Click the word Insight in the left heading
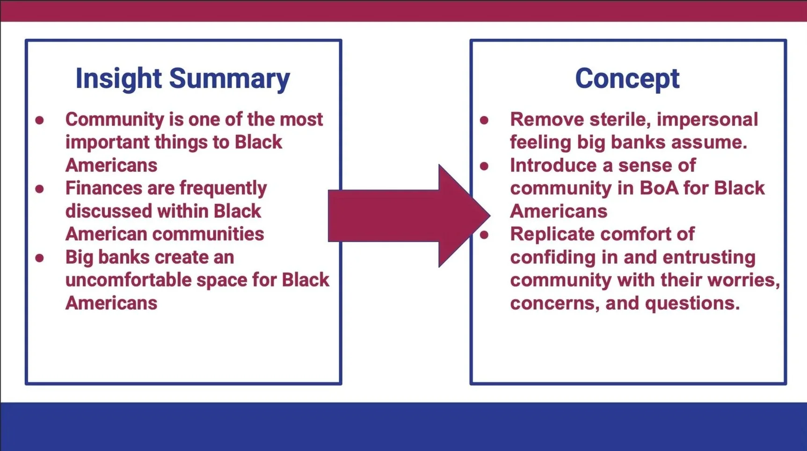pos(118,78)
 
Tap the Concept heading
pos(627,79)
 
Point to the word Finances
pos(104,188)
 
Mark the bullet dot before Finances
pos(40,189)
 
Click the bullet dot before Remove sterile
pos(484,120)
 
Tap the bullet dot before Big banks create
pos(40,258)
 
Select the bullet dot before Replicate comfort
pos(484,235)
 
